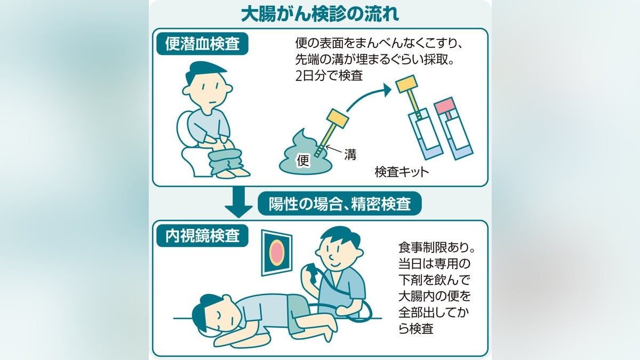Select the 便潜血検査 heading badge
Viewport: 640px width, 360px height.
tap(202, 45)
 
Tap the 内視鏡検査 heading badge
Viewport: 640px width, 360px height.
tap(202, 236)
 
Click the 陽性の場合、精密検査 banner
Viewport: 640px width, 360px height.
tap(339, 203)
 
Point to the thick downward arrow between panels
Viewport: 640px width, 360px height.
tap(238, 202)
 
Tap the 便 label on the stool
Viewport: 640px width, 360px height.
tap(303, 161)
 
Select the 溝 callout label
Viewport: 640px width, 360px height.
tap(350, 155)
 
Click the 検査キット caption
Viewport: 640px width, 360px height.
tap(402, 172)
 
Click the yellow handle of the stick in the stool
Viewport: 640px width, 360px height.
tap(338, 118)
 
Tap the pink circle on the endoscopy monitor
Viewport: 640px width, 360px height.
tap(276, 252)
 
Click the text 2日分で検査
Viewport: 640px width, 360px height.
tap(329, 76)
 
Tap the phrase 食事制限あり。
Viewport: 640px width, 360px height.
tap(436, 247)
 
